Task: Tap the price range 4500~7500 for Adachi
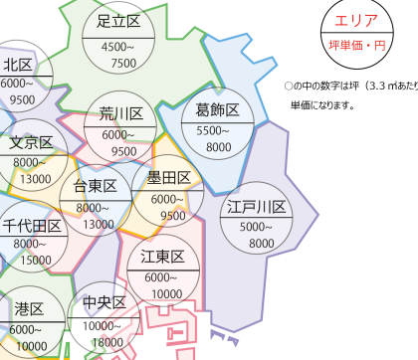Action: point(118,55)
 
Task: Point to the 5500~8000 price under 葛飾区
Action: point(218,138)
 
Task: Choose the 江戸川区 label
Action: point(256,209)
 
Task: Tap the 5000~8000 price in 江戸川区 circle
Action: point(255,235)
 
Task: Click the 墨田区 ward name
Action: point(168,178)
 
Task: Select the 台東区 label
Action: point(97,186)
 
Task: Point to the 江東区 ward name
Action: point(163,257)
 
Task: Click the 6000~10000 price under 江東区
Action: point(163,286)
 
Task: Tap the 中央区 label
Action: point(104,302)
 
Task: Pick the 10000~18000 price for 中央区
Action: point(104,333)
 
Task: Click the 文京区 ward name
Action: point(31,142)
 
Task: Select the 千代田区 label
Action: point(30,226)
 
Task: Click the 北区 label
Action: point(19,66)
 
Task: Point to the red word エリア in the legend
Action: point(356,22)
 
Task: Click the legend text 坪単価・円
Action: point(356,46)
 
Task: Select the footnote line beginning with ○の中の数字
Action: point(349,87)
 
